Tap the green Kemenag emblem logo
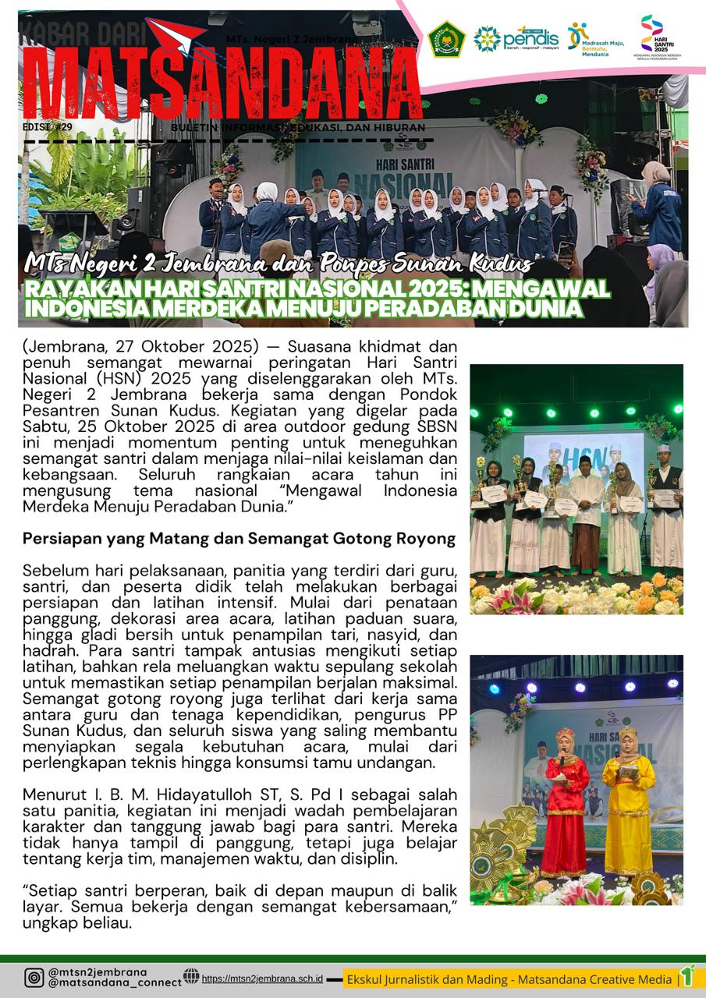click(447, 38)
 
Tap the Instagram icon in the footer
click(34, 978)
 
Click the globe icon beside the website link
click(191, 976)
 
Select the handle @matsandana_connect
click(115, 984)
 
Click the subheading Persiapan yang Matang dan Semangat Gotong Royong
click(239, 538)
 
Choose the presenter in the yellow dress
click(627, 803)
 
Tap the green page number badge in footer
click(687, 976)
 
